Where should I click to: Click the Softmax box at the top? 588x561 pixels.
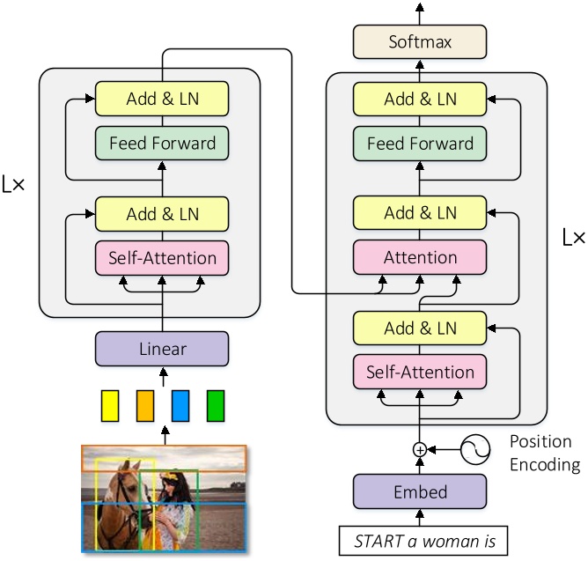pyautogui.click(x=419, y=41)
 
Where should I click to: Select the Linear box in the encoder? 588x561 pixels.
pyautogui.click(x=162, y=349)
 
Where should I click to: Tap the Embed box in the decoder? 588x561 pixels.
pyautogui.click(x=419, y=491)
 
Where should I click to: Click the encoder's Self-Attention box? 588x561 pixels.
pyautogui.click(x=162, y=258)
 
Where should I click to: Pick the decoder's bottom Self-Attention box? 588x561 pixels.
pyautogui.click(x=419, y=371)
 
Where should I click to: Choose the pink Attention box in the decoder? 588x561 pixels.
pyautogui.click(x=419, y=257)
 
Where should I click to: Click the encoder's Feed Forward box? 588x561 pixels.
pyautogui.click(x=162, y=143)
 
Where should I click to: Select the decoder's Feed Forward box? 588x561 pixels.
pyautogui.click(x=419, y=143)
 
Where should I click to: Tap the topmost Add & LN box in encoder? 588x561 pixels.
pyautogui.click(x=162, y=99)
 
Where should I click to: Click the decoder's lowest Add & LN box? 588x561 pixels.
pyautogui.click(x=419, y=328)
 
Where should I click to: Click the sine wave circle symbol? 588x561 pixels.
pyautogui.click(x=479, y=450)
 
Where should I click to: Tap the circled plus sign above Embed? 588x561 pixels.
pyautogui.click(x=420, y=450)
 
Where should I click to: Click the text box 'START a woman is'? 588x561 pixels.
pyautogui.click(x=419, y=539)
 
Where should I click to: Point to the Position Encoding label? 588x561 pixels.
pyautogui.click(x=545, y=451)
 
